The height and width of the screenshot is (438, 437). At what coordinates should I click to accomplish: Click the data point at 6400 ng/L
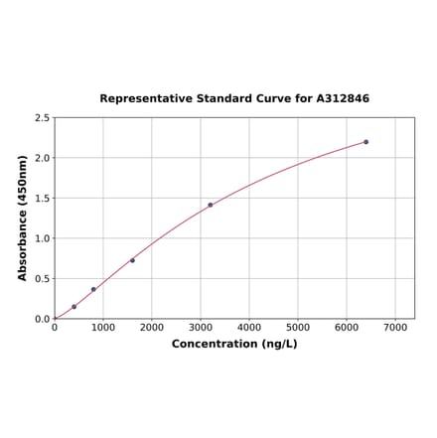tap(365, 142)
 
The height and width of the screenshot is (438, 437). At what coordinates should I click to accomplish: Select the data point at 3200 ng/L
tap(211, 205)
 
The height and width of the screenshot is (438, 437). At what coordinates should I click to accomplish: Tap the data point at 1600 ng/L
tap(132, 260)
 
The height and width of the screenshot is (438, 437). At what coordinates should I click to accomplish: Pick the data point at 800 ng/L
tap(93, 289)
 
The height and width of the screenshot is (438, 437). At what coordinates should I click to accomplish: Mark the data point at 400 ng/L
tap(73, 307)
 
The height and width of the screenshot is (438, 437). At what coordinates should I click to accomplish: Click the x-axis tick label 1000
tap(103, 327)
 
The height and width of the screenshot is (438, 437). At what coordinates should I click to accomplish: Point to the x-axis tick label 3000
tap(201, 327)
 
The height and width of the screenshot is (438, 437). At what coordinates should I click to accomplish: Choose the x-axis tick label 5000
tap(298, 327)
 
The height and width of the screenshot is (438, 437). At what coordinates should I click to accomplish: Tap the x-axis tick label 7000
tap(395, 327)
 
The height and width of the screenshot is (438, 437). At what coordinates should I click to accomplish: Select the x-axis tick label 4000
tap(249, 327)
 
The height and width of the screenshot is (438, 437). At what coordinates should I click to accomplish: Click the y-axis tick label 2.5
tap(43, 118)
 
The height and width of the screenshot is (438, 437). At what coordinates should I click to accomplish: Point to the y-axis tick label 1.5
tap(43, 199)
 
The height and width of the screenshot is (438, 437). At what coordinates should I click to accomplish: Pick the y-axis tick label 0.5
tap(43, 279)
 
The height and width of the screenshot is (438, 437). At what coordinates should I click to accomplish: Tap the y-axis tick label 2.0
tap(43, 158)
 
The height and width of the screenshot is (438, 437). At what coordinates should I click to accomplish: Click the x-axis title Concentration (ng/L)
tap(234, 344)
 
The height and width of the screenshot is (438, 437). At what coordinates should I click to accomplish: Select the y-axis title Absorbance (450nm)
tap(23, 218)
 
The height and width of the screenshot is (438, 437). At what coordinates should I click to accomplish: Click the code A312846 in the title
tap(343, 99)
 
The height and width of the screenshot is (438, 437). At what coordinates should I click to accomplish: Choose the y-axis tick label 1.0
tap(43, 238)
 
